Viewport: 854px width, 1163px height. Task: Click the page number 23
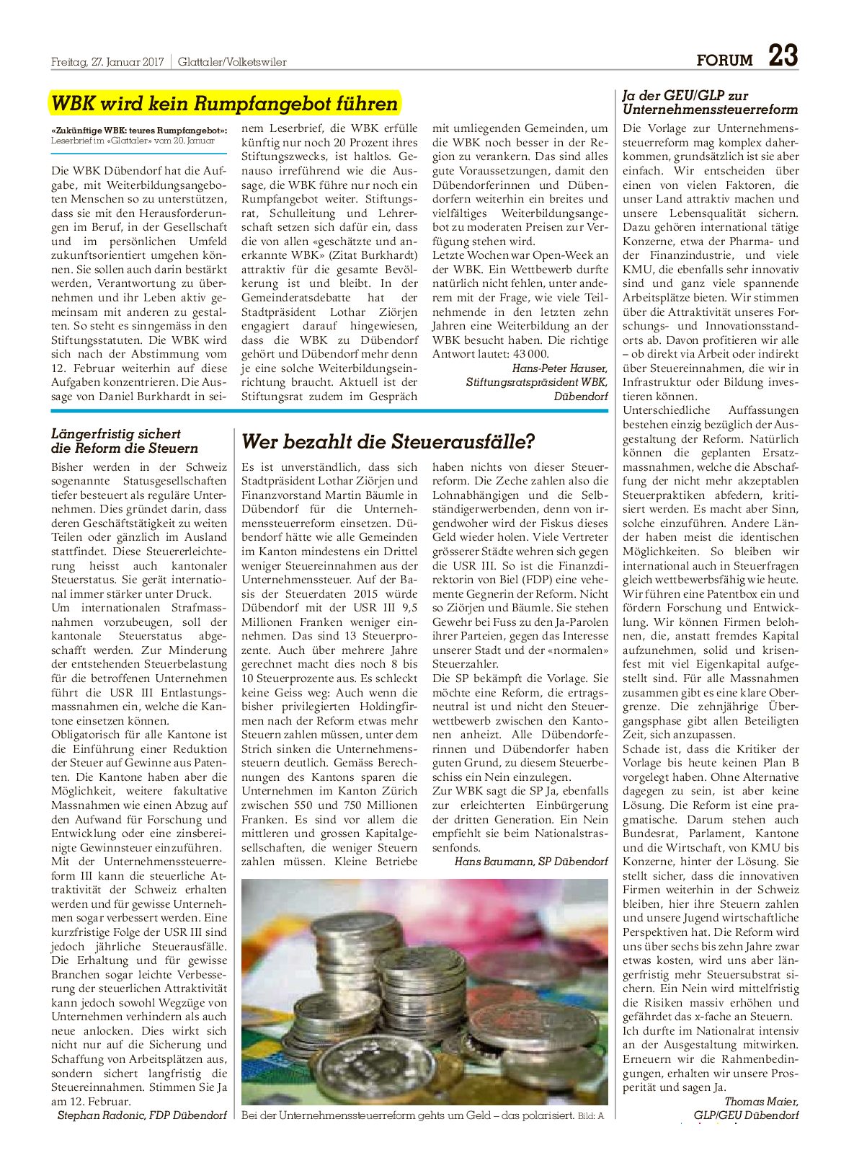point(783,56)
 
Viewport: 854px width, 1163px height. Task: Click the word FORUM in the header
point(724,61)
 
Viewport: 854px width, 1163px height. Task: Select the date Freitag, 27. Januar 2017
point(107,62)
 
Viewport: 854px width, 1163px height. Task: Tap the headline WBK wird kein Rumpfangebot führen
point(224,104)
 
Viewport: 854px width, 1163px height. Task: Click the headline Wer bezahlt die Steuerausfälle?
point(388,441)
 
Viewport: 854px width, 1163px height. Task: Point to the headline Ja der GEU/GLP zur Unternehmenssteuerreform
point(710,102)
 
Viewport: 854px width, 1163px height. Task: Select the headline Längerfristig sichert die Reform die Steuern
point(125,441)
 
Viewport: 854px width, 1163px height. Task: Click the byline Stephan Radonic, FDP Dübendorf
point(141,1115)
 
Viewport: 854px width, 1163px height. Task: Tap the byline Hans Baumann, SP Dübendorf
point(530,861)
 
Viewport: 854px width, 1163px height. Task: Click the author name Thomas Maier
point(761,1101)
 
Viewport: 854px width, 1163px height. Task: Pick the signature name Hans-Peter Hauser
point(559,368)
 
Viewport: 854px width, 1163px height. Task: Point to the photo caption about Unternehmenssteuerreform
point(408,1115)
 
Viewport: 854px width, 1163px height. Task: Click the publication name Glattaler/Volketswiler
point(232,62)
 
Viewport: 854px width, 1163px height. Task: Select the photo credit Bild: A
point(590,1116)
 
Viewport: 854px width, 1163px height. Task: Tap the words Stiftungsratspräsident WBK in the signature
point(536,382)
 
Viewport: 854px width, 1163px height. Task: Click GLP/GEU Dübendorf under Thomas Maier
point(746,1115)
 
